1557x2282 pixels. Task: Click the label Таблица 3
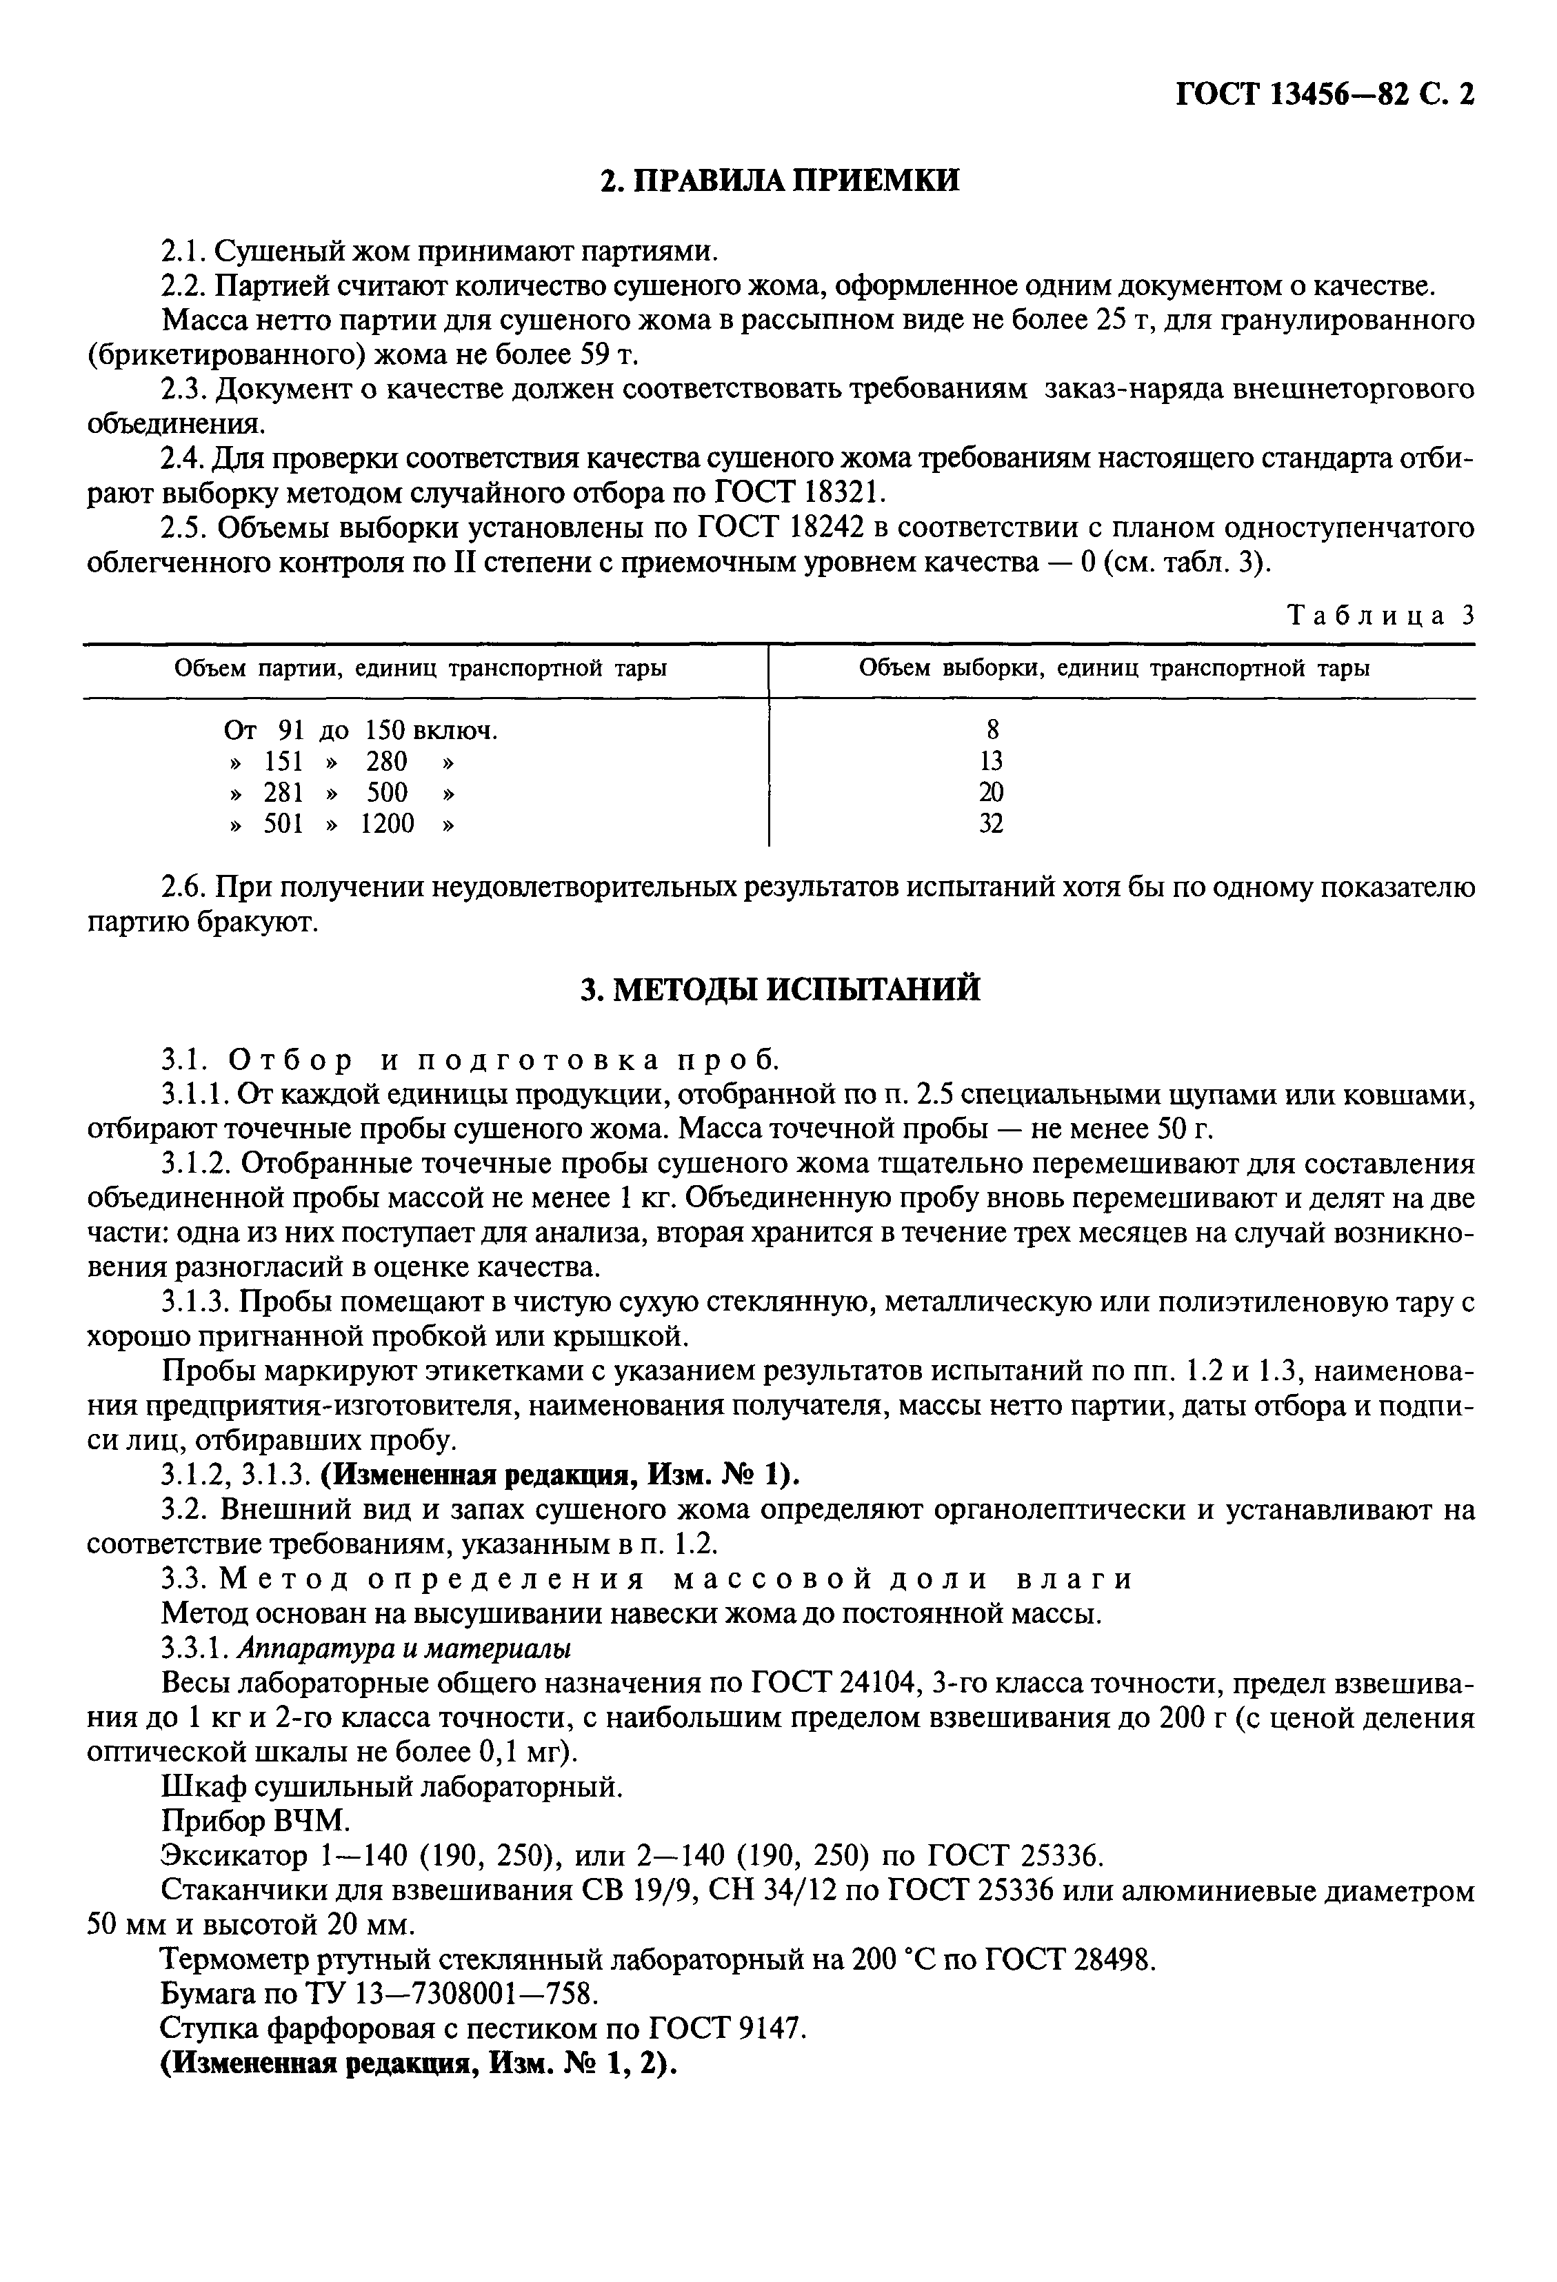(x=1380, y=615)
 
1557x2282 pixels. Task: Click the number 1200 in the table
(x=387, y=824)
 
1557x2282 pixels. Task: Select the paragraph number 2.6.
(x=183, y=888)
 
